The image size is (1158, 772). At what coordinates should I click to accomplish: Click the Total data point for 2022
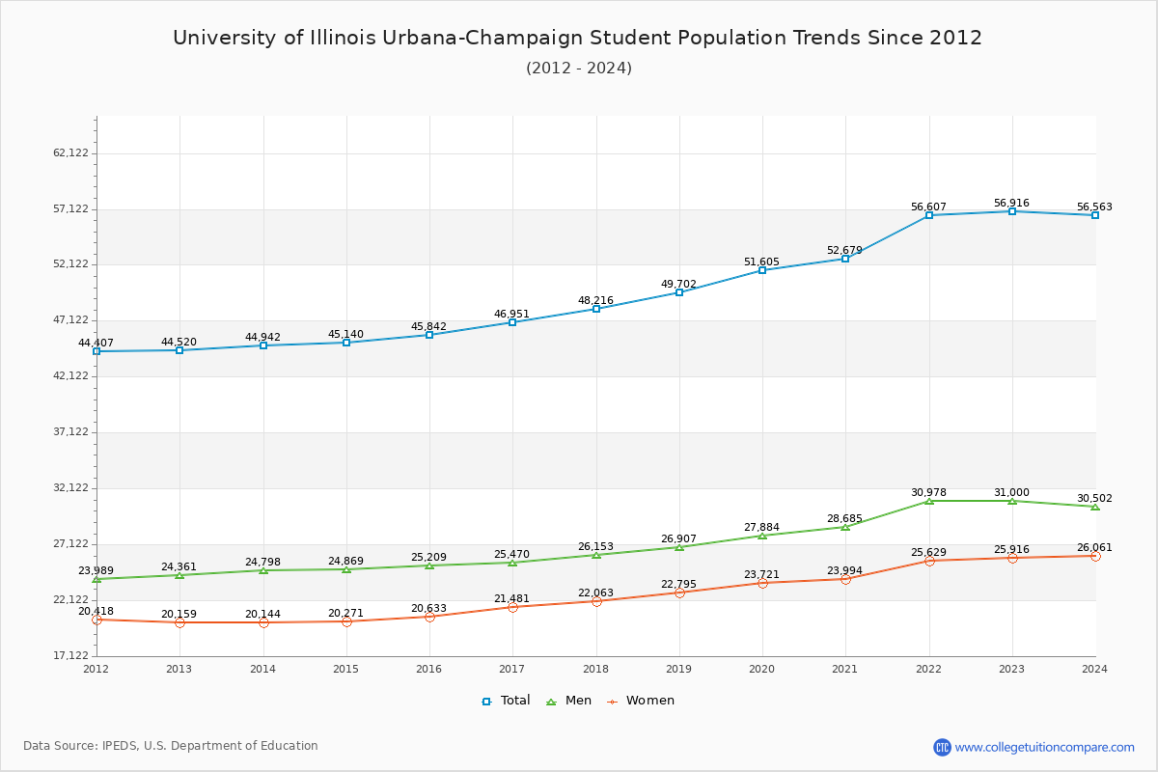[x=928, y=215]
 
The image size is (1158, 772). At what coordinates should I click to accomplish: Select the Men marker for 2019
[x=679, y=547]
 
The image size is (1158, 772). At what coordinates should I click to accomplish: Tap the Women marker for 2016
[x=429, y=617]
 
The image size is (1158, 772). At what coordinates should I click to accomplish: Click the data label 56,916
[x=1011, y=204]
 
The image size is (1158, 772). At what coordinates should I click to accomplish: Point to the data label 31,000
[x=1011, y=493]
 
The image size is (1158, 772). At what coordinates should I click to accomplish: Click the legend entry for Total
[x=506, y=701]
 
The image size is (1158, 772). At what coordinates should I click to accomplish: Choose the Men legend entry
[x=569, y=701]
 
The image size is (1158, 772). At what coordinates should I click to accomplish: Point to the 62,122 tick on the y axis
[x=70, y=153]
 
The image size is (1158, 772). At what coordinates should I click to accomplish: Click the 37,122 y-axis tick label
[x=70, y=432]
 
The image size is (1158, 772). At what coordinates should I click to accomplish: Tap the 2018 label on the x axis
[x=595, y=669]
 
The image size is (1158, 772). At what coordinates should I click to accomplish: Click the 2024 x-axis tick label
[x=1094, y=669]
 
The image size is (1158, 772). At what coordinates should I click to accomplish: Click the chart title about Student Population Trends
[x=577, y=38]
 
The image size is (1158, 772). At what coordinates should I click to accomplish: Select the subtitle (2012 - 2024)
[x=579, y=69]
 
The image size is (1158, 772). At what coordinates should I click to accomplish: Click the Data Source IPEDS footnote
[x=171, y=746]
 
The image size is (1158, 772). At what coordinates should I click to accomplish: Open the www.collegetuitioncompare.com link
[x=1044, y=747]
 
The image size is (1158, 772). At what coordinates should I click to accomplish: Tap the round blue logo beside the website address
[x=942, y=747]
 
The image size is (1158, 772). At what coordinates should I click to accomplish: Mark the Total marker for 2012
[x=96, y=351]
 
